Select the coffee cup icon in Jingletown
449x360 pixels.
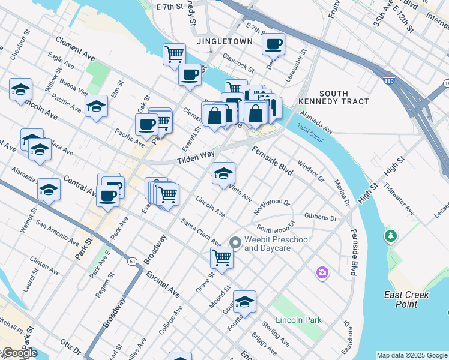(274, 44)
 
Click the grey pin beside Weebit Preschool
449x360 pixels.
(235, 242)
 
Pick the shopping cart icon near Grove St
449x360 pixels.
(221, 258)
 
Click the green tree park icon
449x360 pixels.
(391, 236)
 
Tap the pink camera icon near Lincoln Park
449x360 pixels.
(323, 273)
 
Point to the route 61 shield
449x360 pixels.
(131, 261)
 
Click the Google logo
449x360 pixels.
(19, 353)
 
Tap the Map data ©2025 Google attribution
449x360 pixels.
(412, 355)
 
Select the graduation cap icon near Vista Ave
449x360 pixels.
(223, 174)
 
